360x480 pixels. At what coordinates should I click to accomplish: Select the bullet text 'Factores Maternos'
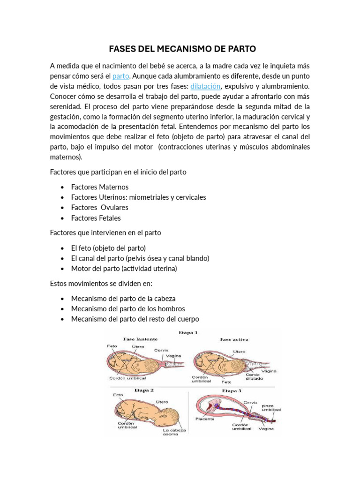(99, 187)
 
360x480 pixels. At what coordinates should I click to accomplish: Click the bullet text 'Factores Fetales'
(96, 218)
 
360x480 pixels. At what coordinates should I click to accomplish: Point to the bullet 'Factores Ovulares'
(99, 208)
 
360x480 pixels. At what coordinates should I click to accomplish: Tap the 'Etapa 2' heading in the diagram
(144, 390)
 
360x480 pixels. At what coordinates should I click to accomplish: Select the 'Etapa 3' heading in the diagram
(232, 390)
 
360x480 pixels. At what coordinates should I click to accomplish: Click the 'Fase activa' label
(234, 339)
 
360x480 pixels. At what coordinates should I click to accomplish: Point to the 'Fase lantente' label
(140, 339)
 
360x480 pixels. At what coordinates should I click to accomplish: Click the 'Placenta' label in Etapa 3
(205, 419)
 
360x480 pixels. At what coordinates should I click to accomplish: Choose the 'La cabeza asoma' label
(174, 432)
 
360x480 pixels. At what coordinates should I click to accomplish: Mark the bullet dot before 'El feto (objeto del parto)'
(62, 248)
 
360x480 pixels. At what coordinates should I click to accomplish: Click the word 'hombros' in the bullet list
(172, 309)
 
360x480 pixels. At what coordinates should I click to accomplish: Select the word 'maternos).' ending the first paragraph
(66, 157)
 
